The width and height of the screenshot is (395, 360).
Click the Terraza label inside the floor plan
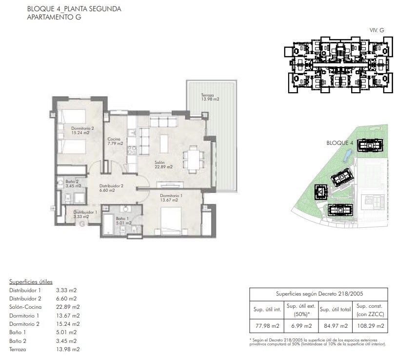coord(210,97)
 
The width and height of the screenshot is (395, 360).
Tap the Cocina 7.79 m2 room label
coord(115,141)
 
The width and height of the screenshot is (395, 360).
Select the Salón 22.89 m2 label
coord(163,165)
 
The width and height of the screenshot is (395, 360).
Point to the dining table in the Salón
coord(194,160)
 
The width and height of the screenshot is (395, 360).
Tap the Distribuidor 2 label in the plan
coord(111,188)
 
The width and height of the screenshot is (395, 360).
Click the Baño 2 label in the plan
coord(73,183)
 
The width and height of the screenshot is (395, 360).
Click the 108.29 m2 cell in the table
coord(371,326)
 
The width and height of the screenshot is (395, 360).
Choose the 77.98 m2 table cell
coord(267,326)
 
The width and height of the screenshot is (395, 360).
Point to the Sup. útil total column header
coord(335,310)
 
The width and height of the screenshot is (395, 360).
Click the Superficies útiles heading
coord(31,281)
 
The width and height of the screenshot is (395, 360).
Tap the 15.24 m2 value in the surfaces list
coord(68,324)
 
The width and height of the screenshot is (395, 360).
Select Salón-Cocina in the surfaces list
coord(25,307)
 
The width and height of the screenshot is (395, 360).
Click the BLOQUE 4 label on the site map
coord(339,143)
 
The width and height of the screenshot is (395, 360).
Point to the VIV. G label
coord(376,30)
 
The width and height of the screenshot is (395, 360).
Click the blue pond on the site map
coord(347,156)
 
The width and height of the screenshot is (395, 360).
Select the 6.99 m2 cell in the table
coord(301,326)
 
